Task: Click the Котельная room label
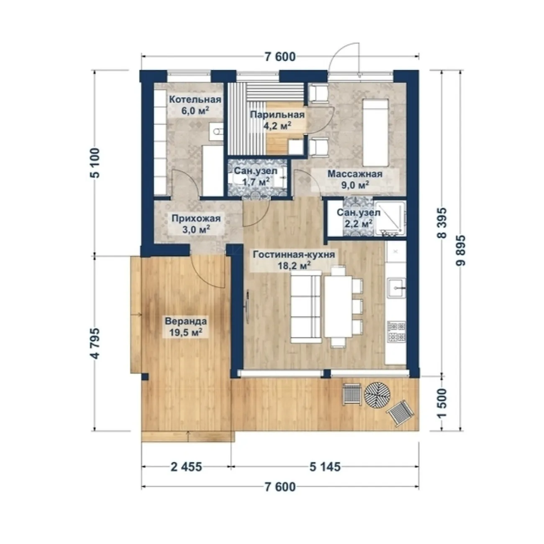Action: [195, 100]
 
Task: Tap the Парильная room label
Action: [277, 115]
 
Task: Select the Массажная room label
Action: [355, 174]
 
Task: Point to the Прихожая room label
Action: [196, 218]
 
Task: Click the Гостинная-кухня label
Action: [294, 254]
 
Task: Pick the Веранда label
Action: [186, 321]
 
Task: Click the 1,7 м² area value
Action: [256, 182]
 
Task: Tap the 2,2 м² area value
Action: [358, 224]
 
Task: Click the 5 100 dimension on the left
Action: [96, 163]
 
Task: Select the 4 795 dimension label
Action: [96, 343]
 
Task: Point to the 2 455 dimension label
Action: [186, 467]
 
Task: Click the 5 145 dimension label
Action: [325, 467]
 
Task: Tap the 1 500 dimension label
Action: [442, 403]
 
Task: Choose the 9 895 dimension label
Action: [460, 250]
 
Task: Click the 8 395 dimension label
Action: [442, 223]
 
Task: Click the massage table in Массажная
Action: [375, 132]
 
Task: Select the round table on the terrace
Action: [377, 395]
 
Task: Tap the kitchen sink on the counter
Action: [396, 288]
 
